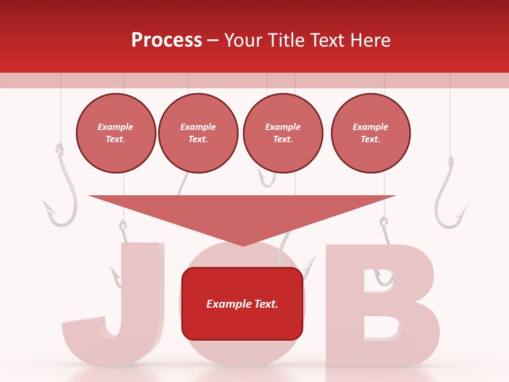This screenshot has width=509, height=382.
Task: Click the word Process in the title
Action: point(166,40)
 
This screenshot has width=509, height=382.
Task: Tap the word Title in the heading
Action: point(285,40)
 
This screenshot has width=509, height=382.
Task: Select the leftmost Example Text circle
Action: point(116,133)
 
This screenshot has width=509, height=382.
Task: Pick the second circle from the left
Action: point(198,133)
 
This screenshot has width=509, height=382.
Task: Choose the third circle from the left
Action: point(283,133)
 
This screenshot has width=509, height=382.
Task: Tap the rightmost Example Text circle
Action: point(371,133)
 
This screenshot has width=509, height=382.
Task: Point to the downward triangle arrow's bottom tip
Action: point(243,245)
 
